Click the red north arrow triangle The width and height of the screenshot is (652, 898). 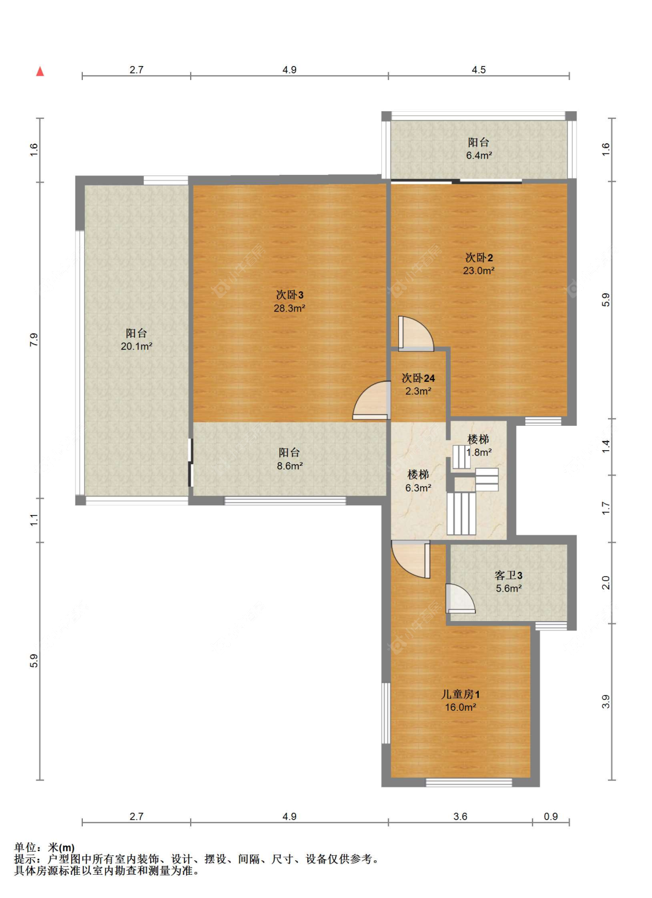39,71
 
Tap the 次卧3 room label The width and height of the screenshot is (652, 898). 290,295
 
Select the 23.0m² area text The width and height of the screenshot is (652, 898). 478,271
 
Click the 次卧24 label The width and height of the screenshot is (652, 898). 418,378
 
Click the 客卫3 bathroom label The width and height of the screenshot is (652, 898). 508,576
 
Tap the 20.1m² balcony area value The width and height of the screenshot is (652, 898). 136,346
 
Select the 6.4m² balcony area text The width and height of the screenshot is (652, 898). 479,155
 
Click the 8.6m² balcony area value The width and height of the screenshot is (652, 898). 290,466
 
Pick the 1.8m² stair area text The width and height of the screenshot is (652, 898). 479,452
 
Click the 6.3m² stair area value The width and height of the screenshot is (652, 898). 418,488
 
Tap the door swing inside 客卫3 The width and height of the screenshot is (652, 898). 460,598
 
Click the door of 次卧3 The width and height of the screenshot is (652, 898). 371,400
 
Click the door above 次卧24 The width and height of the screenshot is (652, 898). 416,334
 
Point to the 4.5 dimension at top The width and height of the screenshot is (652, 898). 478,70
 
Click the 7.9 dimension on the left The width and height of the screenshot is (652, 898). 34,340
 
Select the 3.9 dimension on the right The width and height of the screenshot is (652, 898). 606,702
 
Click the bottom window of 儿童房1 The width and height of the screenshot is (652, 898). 469,782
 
